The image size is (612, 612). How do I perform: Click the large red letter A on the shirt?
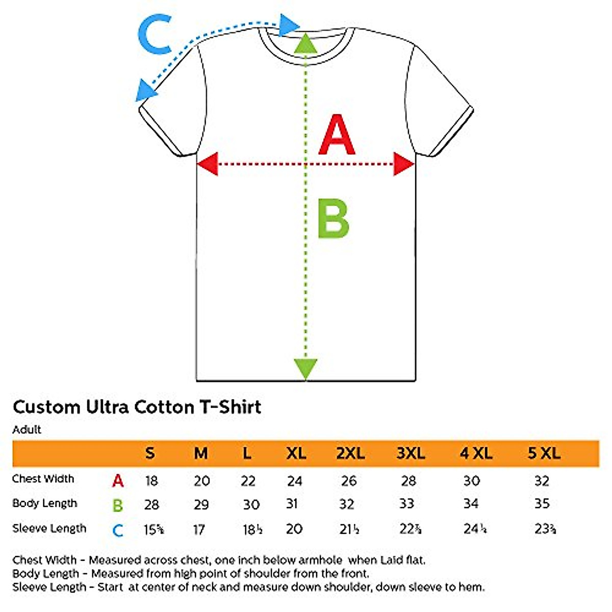click(x=337, y=136)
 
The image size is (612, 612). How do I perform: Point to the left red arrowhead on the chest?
click(x=208, y=164)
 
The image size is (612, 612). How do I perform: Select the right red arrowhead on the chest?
click(x=403, y=164)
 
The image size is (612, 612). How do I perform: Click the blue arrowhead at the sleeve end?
click(x=145, y=91)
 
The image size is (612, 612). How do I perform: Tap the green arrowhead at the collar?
click(x=305, y=43)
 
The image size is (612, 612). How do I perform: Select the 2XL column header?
click(x=350, y=453)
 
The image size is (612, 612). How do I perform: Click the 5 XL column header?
click(x=544, y=453)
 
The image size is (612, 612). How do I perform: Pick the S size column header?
click(x=149, y=453)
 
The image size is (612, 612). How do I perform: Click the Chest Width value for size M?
click(x=201, y=480)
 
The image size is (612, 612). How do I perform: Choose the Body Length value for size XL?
click(x=292, y=504)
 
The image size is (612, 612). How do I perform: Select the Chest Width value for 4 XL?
click(x=472, y=480)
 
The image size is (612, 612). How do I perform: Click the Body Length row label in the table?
click(x=45, y=503)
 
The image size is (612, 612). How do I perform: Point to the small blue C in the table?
click(x=118, y=530)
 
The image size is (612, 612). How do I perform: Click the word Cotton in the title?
click(x=163, y=407)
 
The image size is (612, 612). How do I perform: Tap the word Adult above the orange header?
click(x=27, y=429)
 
